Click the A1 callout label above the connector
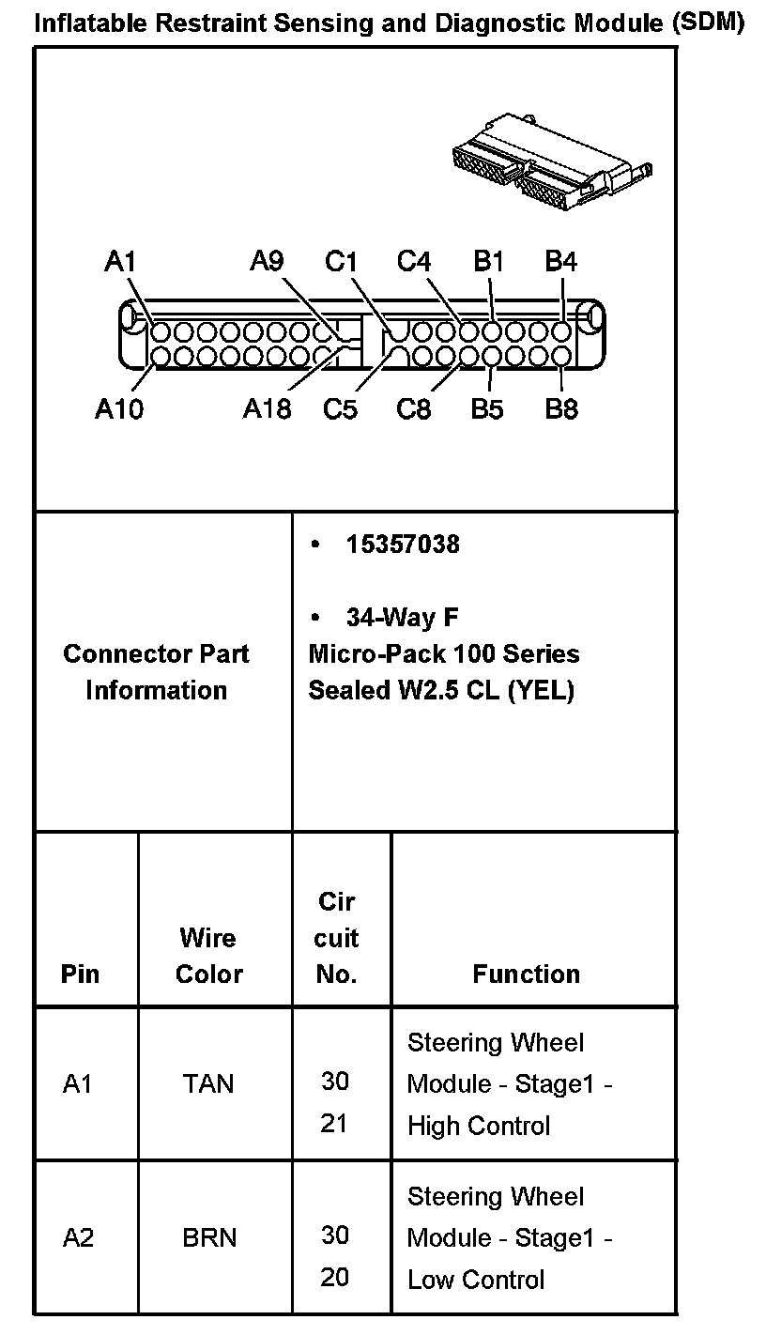(x=121, y=261)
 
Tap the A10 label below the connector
(x=119, y=409)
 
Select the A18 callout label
(x=267, y=409)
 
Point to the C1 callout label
(x=341, y=261)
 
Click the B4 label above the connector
(x=560, y=261)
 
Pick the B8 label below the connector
(x=561, y=409)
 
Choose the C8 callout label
(x=414, y=409)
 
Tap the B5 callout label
(x=487, y=409)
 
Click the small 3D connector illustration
(x=550, y=160)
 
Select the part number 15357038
(x=403, y=545)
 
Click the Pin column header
(x=80, y=974)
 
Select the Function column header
(x=527, y=974)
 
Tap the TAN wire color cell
(x=208, y=1084)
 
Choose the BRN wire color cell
(x=209, y=1238)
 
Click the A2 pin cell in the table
(x=79, y=1238)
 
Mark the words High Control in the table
(x=479, y=1126)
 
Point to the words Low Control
(x=476, y=1280)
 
